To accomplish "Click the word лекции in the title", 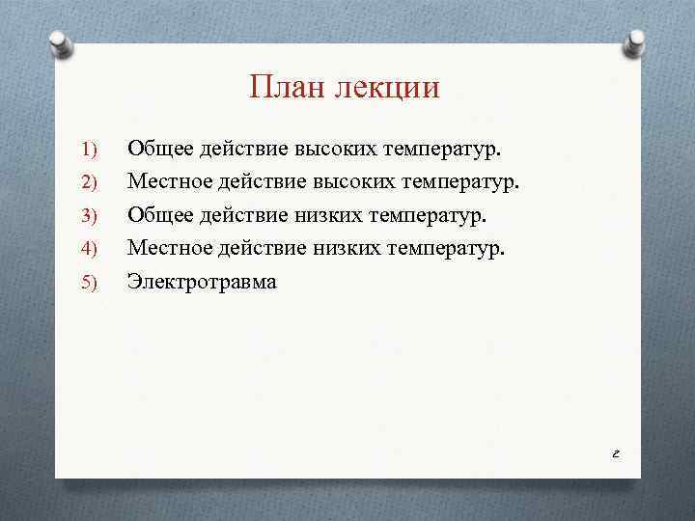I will click(386, 89).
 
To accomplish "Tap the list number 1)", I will click(90, 150).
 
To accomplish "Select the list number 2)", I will click(90, 182).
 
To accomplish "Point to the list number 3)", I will click(90, 215).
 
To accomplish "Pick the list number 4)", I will click(90, 249).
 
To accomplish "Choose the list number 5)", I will click(90, 282).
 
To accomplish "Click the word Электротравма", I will click(202, 282).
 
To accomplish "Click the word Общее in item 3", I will click(160, 215).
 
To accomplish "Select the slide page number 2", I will click(615, 452).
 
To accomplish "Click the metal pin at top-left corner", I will click(60, 43).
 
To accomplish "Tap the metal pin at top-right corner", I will click(636, 43).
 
